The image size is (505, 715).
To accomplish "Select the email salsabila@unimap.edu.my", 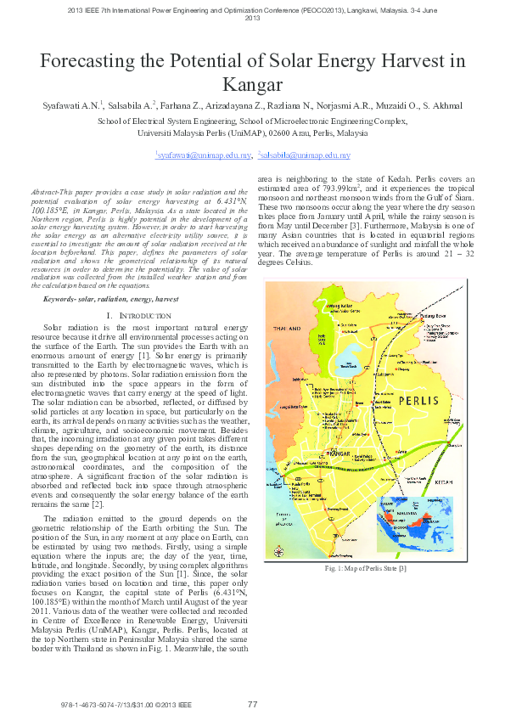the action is [x=305, y=155].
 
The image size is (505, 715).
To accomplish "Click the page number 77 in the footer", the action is [x=252, y=704].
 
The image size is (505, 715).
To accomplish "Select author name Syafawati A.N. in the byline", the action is [x=72, y=106].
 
